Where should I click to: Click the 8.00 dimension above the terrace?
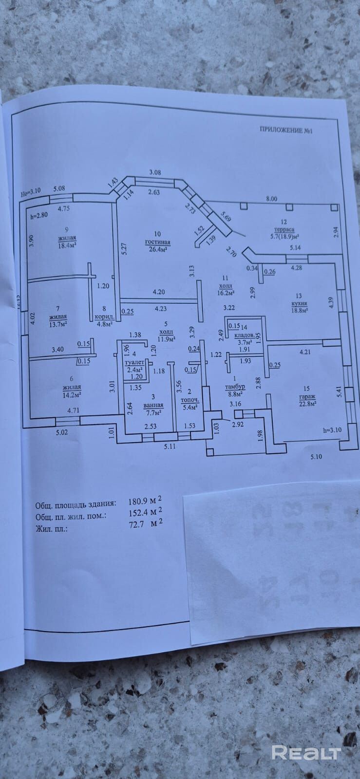click(x=271, y=199)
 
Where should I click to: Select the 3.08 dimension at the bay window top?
click(x=154, y=172)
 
